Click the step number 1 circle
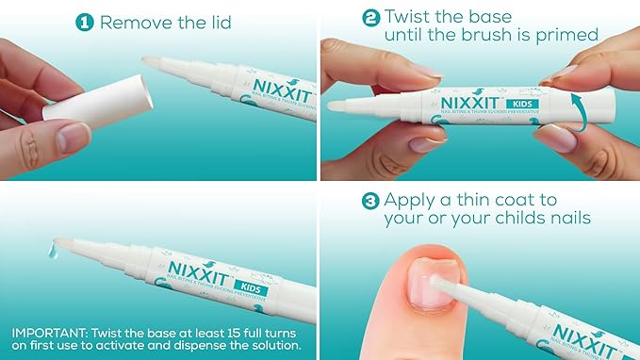click(86, 21)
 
